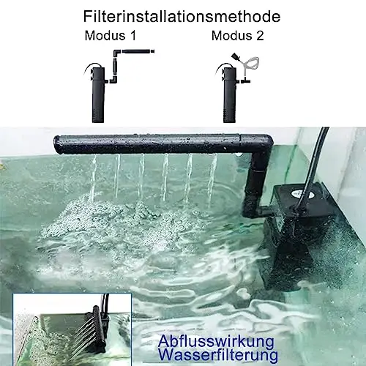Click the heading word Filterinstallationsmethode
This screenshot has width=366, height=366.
[x=182, y=16]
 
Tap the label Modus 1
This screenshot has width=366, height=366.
[x=111, y=36]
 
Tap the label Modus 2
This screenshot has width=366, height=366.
[x=238, y=36]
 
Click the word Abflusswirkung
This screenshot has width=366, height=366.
[x=216, y=342]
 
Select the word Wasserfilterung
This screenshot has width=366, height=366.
[x=219, y=355]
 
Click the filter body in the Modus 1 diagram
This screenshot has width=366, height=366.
[x=98, y=95]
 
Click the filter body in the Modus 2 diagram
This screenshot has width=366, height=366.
[x=229, y=95]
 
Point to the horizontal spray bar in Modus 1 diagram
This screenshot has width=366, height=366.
[x=138, y=52]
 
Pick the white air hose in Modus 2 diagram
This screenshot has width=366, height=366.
[x=250, y=63]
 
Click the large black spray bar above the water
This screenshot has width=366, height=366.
[x=163, y=144]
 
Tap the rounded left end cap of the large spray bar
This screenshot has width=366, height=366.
[x=58, y=144]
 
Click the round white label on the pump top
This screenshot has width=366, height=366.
[x=302, y=194]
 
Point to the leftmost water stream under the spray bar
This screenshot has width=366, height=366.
[x=94, y=178]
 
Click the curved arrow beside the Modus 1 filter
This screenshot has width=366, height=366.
[x=89, y=68]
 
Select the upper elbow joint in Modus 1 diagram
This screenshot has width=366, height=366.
[x=116, y=53]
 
